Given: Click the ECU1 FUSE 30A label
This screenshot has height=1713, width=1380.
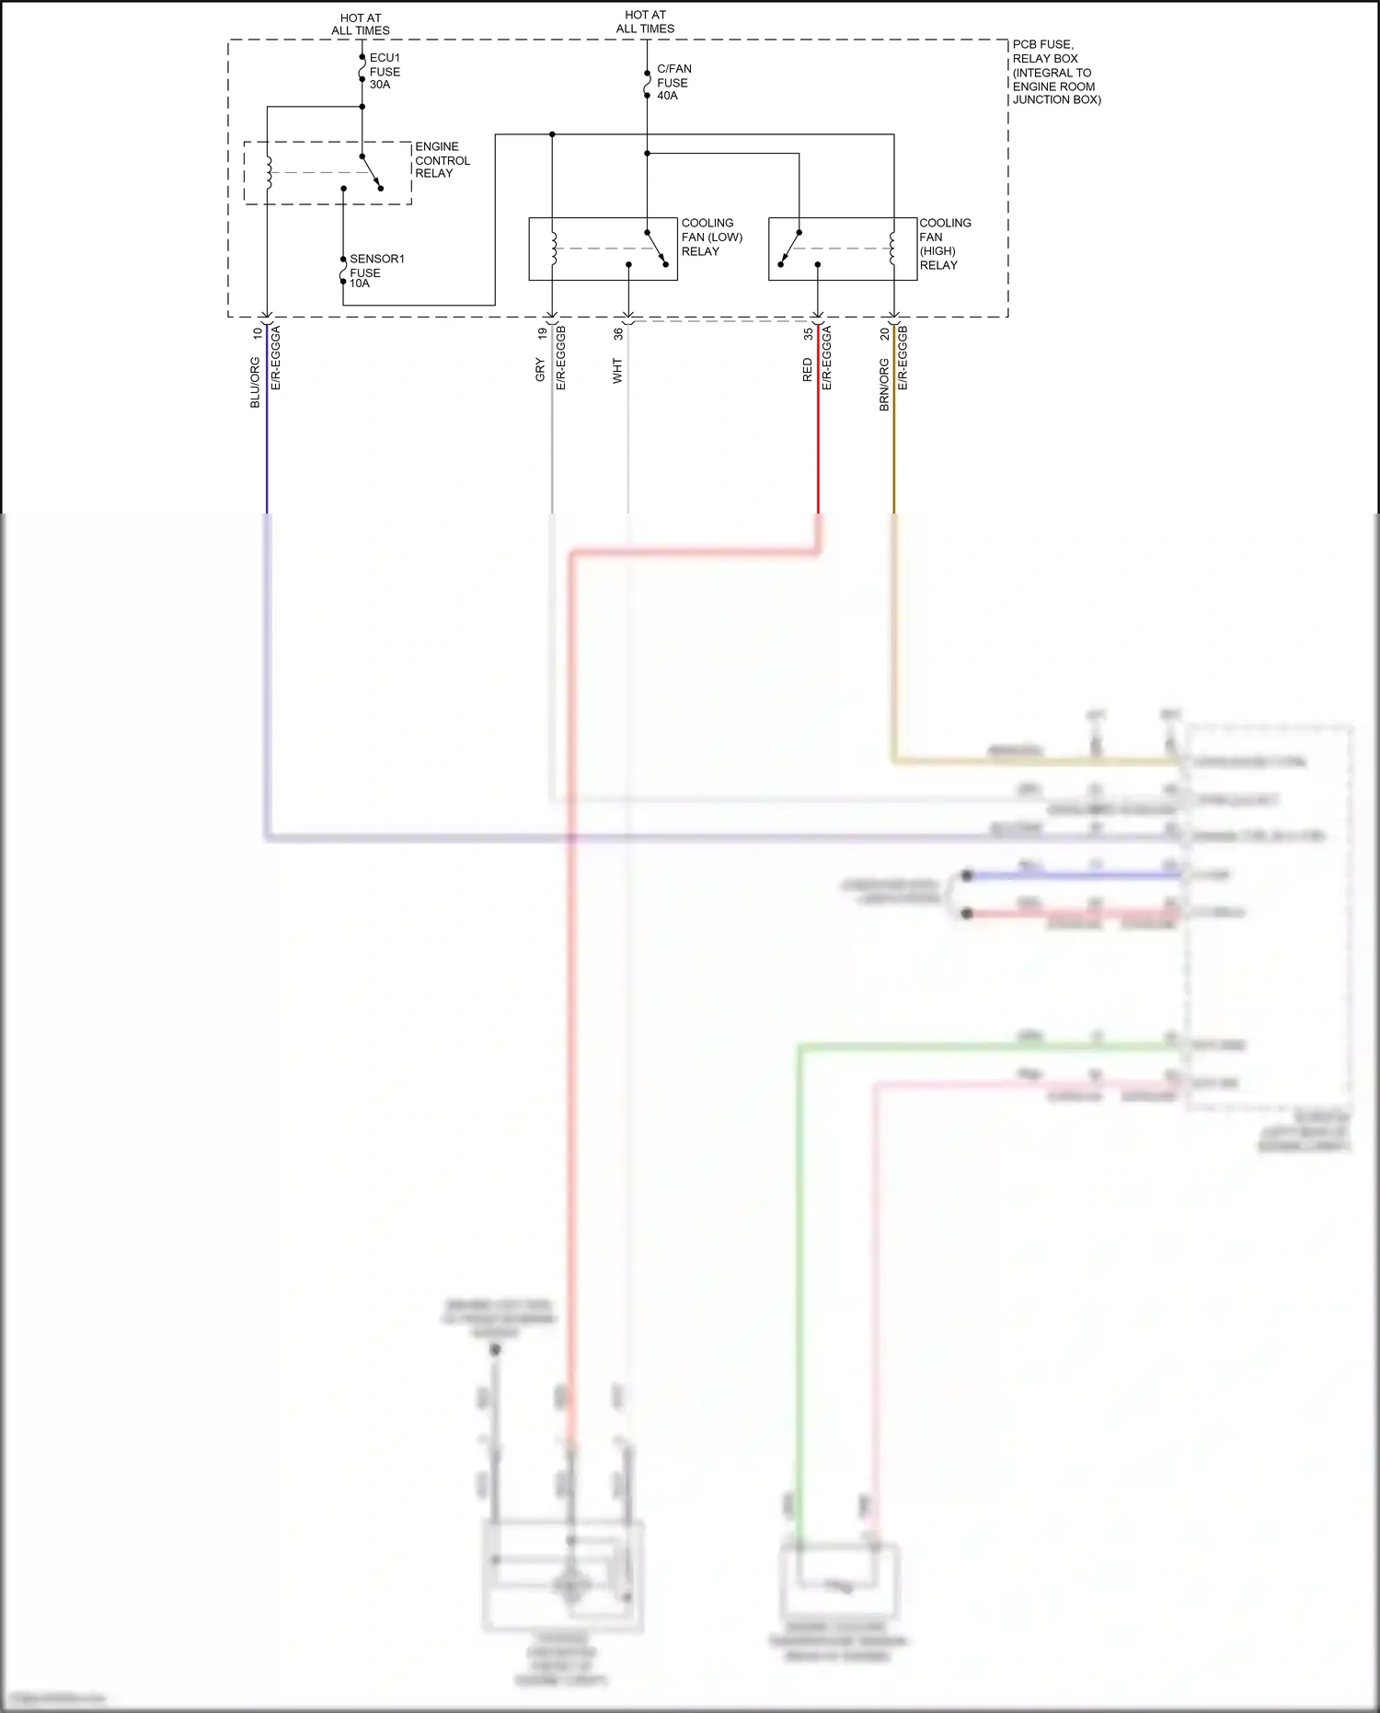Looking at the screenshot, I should (385, 71).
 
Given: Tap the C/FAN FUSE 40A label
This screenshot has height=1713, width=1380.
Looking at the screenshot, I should (673, 82).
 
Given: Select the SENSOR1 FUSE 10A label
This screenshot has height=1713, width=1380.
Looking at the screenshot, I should (376, 271).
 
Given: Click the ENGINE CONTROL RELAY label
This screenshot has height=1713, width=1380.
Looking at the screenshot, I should (442, 159).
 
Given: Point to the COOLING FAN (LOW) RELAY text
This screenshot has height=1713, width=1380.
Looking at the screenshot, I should (711, 237).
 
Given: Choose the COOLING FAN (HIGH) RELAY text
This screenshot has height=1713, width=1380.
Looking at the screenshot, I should (945, 244).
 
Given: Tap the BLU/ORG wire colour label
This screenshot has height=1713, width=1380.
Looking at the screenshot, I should (255, 383).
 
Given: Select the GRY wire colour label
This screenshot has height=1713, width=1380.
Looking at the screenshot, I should (540, 371).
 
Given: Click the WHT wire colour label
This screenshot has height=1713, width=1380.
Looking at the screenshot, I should (617, 371).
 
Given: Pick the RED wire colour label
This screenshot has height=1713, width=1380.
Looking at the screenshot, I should (807, 370).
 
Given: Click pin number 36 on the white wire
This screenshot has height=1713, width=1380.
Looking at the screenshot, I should (618, 333).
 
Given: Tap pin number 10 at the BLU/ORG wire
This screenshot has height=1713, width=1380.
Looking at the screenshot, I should (257, 333).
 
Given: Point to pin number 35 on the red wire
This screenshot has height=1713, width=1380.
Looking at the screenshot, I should (808, 333).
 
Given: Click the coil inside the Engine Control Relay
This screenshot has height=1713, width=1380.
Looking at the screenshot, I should (269, 172).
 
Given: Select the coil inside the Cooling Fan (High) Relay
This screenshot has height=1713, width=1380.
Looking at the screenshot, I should (892, 248).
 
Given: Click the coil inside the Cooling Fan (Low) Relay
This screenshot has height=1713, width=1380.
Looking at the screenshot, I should (553, 248).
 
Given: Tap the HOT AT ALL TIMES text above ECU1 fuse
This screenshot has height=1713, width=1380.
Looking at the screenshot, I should (361, 24).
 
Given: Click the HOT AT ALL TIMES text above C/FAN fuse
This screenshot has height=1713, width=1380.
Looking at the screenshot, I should (645, 22).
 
